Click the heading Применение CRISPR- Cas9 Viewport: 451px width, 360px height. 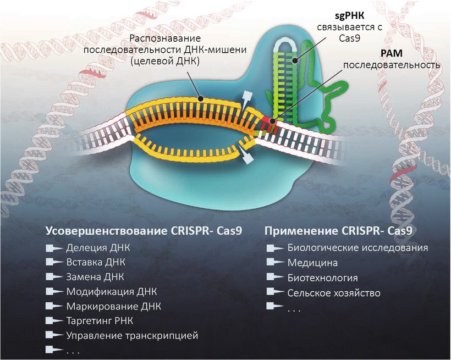click(339, 230)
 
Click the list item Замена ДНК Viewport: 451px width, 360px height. click(95, 276)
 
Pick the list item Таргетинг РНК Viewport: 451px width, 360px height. click(100, 320)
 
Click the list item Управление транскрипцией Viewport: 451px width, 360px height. click(131, 335)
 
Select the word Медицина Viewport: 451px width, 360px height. click(312, 263)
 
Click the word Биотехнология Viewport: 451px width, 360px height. click(322, 278)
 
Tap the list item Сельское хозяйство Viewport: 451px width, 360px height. click(334, 292)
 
